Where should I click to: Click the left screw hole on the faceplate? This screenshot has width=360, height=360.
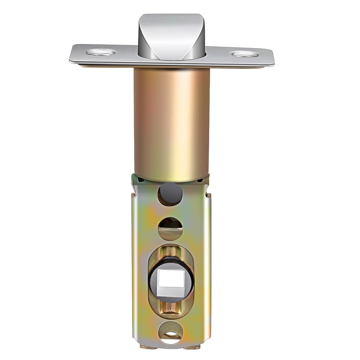pos(100,53)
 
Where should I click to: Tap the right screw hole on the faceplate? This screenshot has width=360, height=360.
pos(245,54)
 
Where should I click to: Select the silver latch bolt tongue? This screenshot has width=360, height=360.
pos(171,36)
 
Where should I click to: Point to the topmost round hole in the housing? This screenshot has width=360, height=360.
pos(170,194)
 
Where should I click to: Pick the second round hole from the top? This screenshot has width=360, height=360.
pos(170,228)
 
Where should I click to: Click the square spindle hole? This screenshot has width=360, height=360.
pos(171,279)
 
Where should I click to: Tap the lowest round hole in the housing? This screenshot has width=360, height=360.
pos(171,332)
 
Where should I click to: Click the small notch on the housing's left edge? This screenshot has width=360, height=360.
pos(134,194)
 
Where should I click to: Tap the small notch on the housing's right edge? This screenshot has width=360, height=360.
pos(208,195)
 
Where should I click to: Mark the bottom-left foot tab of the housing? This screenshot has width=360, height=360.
pos(144,346)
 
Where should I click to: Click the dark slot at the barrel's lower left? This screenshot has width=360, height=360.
pos(141,180)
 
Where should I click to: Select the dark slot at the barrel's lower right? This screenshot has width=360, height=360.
pos(200,180)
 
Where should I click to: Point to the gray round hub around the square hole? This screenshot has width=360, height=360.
pos(171,295)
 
